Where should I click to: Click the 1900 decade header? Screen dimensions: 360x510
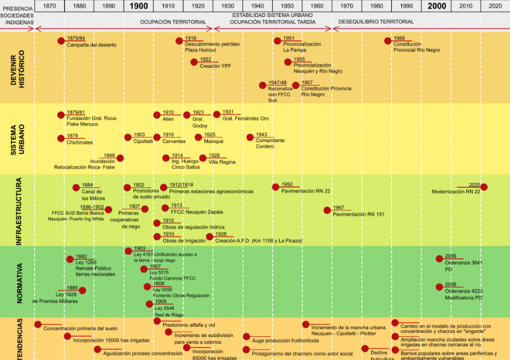139,6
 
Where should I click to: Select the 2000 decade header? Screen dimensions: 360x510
437,6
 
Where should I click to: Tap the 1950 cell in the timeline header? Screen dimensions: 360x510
287,6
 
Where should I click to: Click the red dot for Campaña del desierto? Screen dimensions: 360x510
61,41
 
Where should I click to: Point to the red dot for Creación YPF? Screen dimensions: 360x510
194,62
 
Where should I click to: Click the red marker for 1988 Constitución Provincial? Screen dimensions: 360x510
388,41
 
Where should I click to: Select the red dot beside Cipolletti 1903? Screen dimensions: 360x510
128,138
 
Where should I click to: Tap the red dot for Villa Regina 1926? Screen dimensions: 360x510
203,158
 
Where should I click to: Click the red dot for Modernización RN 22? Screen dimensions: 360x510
483,187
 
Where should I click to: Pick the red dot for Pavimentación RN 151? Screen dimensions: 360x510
327,210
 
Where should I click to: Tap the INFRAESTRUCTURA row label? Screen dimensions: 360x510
19,211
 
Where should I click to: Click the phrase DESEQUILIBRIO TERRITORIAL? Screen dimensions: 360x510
376,21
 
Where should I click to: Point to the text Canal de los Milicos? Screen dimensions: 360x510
93,195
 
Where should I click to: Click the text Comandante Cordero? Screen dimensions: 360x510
270,144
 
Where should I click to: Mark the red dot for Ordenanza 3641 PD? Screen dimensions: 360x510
440,259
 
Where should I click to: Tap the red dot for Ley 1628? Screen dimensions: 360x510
82,290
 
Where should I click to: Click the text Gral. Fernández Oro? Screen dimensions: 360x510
246,118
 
